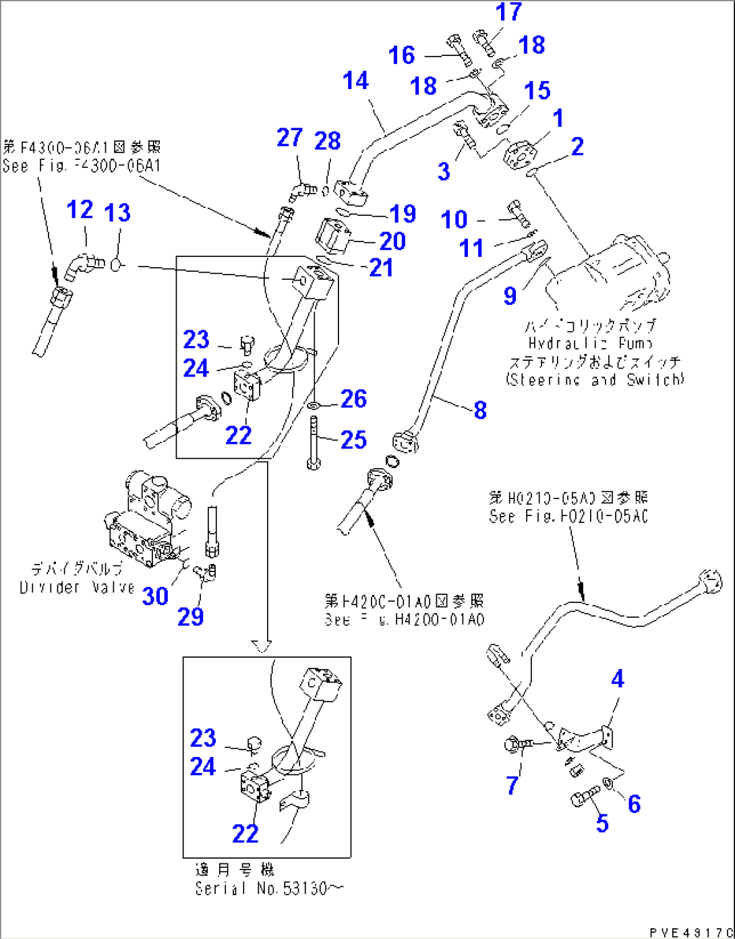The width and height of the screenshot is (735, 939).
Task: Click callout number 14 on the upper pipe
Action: (355, 81)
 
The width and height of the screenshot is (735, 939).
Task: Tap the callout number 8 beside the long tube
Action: (479, 409)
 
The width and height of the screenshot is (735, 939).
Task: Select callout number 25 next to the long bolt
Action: (353, 440)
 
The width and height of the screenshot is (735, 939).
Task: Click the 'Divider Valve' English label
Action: (77, 588)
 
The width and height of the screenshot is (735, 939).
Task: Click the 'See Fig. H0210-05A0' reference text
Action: (568, 516)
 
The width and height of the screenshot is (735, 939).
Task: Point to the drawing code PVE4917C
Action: (689, 932)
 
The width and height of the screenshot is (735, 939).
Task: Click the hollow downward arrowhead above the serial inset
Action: (261, 646)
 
